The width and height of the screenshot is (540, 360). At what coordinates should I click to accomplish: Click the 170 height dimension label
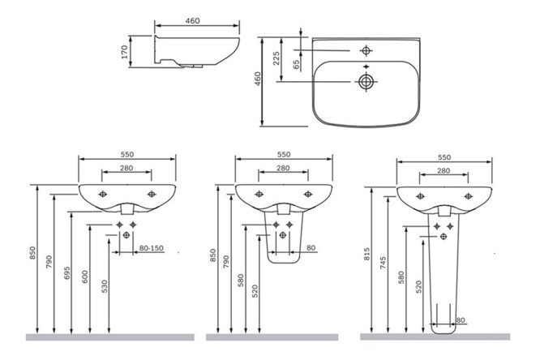click(x=125, y=52)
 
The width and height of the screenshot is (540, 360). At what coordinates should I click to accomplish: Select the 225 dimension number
click(x=276, y=58)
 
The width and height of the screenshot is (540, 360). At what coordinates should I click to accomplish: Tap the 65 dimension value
click(x=296, y=64)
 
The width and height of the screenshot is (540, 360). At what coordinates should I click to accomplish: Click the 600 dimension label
click(x=85, y=276)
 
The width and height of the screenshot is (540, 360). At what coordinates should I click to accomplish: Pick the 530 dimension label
click(x=105, y=286)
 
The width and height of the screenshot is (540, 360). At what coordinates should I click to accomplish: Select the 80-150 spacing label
click(x=151, y=248)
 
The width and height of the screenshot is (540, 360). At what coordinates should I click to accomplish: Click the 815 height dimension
click(x=366, y=254)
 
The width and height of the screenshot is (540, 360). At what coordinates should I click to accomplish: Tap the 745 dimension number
click(x=384, y=264)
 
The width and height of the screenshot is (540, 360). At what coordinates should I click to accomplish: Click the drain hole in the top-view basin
click(x=366, y=82)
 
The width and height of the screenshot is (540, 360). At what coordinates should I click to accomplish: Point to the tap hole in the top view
click(x=366, y=51)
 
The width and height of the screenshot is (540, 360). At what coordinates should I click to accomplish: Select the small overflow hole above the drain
click(x=366, y=66)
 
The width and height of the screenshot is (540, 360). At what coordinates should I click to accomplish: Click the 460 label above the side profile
click(x=192, y=20)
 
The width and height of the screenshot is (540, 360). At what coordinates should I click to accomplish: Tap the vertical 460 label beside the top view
click(x=258, y=79)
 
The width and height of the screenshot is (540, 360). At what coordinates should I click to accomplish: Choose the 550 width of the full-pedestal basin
click(x=444, y=157)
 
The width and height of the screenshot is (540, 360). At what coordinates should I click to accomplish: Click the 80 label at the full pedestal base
click(x=461, y=320)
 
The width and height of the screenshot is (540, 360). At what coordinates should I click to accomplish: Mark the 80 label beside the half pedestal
click(x=311, y=247)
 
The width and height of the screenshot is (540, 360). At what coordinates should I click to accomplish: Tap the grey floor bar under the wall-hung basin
click(x=109, y=337)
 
